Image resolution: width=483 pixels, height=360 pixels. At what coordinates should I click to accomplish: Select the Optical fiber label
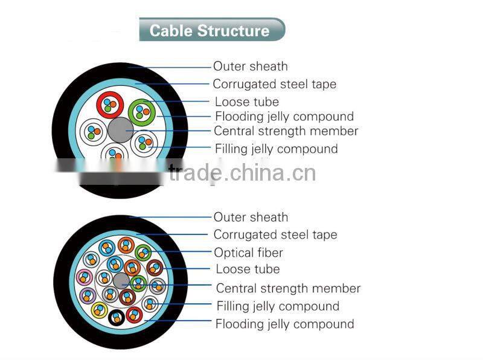coord(248,252)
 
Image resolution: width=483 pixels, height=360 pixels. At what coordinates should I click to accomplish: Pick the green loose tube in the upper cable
coord(141,111)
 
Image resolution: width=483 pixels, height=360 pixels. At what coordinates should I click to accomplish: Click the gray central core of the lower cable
coord(121,280)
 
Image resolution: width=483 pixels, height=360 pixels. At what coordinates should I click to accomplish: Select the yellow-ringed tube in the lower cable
coord(99,310)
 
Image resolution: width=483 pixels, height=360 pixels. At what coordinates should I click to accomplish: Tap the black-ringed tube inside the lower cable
coord(116,316)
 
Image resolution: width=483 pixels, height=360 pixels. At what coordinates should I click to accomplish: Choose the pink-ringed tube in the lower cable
coord(84,278)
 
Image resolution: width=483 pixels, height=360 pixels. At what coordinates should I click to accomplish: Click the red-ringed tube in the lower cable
coord(133,313)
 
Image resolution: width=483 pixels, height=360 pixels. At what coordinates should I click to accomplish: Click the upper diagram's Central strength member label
coord(286,131)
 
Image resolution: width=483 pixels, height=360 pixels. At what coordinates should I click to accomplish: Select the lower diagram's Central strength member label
coord(288,288)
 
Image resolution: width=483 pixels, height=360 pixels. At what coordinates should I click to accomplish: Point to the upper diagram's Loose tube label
coord(246,101)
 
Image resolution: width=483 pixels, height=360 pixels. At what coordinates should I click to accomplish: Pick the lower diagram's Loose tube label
coord(248,269)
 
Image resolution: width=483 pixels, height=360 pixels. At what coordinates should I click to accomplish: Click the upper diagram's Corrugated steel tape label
coord(275,84)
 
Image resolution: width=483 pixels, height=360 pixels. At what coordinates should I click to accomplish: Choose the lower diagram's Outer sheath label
coord(251,217)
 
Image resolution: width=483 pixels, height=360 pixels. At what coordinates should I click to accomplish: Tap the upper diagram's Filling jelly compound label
coord(276,149)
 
